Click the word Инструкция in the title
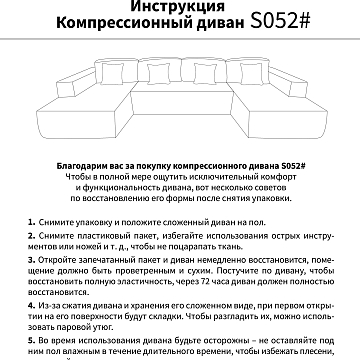point(180,8)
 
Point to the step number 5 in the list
point(32,342)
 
